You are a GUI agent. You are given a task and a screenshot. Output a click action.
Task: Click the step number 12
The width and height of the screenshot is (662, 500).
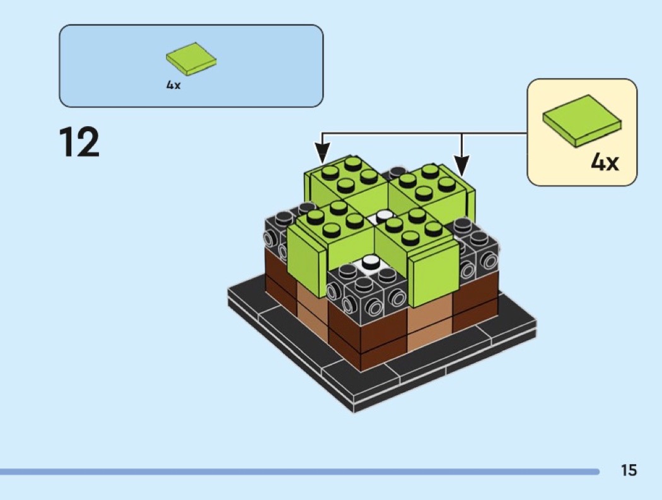(x=79, y=141)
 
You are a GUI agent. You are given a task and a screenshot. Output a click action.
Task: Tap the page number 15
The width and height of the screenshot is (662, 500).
(x=628, y=470)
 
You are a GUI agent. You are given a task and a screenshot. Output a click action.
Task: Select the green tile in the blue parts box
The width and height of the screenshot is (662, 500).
(x=191, y=59)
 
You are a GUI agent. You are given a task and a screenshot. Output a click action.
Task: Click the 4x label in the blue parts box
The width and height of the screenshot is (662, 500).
(x=173, y=85)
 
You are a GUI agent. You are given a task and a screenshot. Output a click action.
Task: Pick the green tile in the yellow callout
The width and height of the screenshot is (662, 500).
(x=582, y=120)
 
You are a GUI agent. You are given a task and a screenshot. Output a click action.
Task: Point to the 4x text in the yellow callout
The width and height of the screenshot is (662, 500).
(x=605, y=161)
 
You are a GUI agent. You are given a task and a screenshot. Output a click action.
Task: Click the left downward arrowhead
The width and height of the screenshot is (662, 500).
(x=322, y=153)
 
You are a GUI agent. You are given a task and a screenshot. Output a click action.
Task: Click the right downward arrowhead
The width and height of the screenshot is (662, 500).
(x=462, y=166)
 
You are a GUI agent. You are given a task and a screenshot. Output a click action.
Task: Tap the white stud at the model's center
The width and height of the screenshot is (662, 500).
(x=384, y=216)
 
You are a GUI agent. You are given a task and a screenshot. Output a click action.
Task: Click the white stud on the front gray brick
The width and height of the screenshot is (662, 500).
(x=370, y=262)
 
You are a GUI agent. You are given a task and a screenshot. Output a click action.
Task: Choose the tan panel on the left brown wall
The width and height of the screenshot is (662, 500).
(x=313, y=308)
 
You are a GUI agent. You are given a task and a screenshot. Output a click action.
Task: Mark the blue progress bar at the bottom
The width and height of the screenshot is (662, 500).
(x=299, y=471)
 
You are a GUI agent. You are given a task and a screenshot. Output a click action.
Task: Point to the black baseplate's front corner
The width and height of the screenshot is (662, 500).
(x=354, y=412)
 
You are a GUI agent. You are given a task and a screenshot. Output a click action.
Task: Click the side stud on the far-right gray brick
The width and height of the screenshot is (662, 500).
(x=490, y=262)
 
